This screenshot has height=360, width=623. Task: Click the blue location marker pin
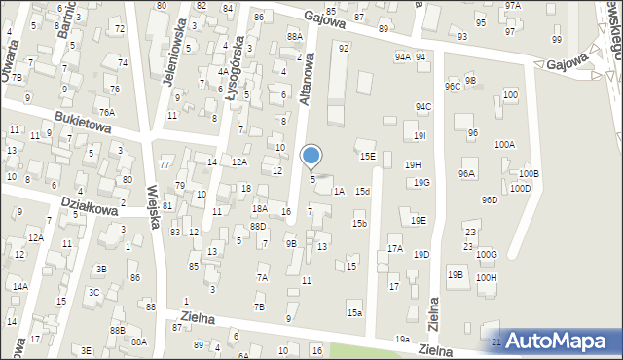coord(311,156)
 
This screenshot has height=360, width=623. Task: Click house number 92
coord(343,48)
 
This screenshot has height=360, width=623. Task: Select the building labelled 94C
coord(422,107)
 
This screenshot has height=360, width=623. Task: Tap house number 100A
coord(504,144)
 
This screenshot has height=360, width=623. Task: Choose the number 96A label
coord(467,174)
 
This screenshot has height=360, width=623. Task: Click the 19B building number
coord(456,275)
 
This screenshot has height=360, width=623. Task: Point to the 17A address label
coord(394,249)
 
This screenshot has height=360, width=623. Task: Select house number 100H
coord(487,278)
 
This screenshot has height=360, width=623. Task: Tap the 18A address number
coord(260,209)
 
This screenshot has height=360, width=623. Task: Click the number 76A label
coord(105,113)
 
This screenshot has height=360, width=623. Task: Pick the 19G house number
coord(421,183)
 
